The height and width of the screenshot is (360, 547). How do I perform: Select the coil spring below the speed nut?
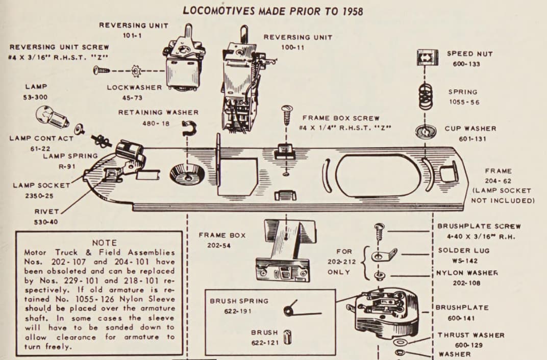pyautogui.click(x=425, y=95)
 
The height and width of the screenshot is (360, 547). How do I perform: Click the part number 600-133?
pyautogui.click(x=465, y=64)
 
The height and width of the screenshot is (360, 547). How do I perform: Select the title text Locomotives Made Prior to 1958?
pyautogui.click(x=273, y=11)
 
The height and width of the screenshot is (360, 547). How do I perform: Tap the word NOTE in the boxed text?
pyautogui.click(x=104, y=243)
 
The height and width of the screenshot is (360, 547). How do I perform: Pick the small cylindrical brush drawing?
pyautogui.click(x=287, y=337)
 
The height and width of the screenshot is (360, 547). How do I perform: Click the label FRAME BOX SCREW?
pyautogui.click(x=341, y=118)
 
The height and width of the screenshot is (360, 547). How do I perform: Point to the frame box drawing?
pyautogui.click(x=283, y=250)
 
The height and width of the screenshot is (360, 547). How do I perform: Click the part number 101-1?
pyautogui.click(x=132, y=35)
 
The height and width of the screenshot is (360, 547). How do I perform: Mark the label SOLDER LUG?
pyautogui.click(x=463, y=250)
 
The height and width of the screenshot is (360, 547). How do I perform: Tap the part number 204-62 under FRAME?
pyautogui.click(x=498, y=181)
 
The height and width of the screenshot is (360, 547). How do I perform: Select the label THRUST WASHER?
pyautogui.click(x=471, y=335)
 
